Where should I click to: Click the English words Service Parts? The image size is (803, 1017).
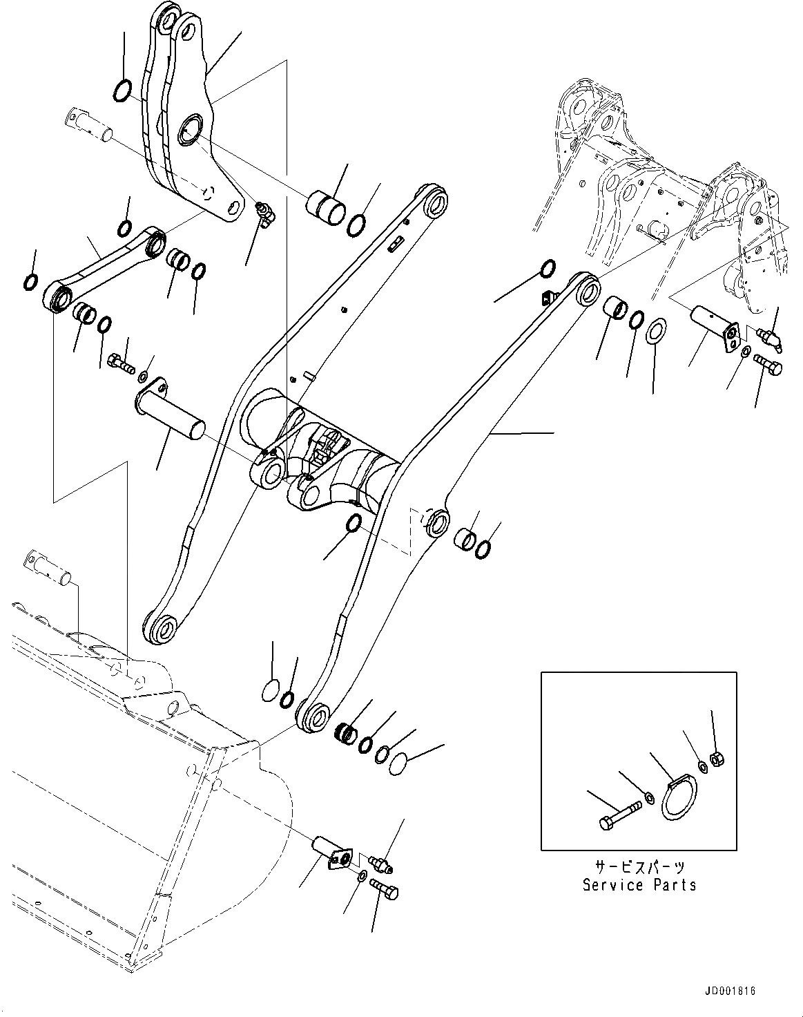click(x=639, y=885)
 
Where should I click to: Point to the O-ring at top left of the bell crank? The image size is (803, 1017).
click(x=122, y=90)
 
